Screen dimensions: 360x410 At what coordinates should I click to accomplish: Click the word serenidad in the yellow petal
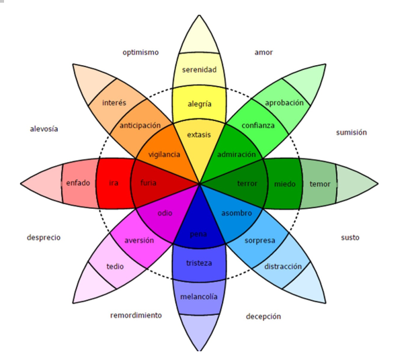pos(199,69)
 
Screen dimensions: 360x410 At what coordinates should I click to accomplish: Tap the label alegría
pos(199,103)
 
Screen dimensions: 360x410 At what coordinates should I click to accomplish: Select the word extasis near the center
pos(199,134)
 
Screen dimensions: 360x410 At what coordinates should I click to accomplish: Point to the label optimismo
pos(140,52)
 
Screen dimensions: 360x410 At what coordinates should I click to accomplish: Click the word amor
pos(263,52)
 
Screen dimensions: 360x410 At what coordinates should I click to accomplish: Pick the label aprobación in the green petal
pos(284,103)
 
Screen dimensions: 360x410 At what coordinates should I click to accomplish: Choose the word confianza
pos(259,126)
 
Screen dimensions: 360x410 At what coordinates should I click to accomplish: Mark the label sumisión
pos(352,132)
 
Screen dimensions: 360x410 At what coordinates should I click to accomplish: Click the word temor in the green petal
pos(319,183)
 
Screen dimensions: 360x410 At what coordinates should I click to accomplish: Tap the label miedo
pos(284,183)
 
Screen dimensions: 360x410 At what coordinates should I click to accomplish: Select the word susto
pos(350,237)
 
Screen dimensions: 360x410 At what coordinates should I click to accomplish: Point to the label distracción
pos(283,266)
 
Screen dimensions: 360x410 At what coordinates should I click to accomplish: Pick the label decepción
pos(263,316)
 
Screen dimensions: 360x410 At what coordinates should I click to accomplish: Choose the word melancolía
pos(199,296)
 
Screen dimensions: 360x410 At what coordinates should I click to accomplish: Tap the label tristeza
pos(199,263)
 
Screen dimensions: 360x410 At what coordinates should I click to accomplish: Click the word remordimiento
pos(136,315)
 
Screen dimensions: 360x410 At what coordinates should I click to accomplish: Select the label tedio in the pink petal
pos(115,267)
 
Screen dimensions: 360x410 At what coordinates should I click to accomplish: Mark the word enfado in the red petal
pos(79,183)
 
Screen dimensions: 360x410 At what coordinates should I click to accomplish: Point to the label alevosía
pos(44,129)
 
